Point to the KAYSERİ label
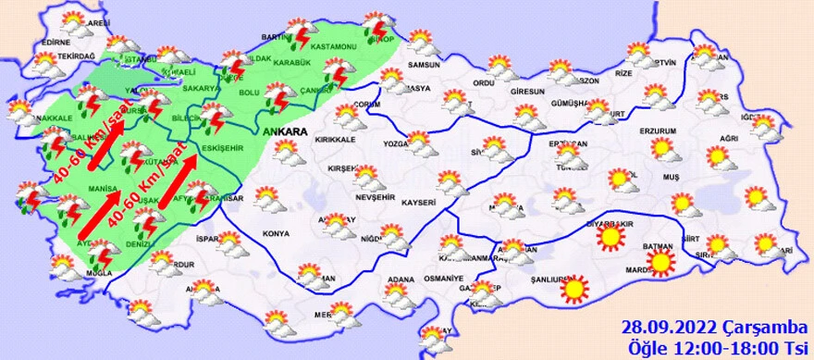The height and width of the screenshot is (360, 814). [418, 201]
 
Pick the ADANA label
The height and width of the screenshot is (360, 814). [401, 279]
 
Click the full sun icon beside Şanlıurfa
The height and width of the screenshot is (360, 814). [575, 289]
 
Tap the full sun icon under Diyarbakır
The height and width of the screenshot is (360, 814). [610, 240]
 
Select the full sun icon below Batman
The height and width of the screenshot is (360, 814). [660, 264]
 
